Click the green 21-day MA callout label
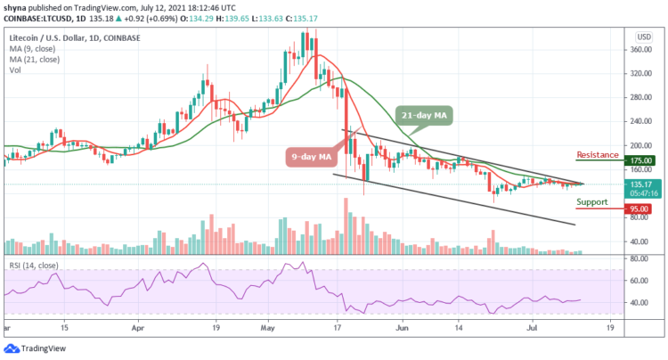(x=424, y=115)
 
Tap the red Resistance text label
(x=597, y=155)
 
